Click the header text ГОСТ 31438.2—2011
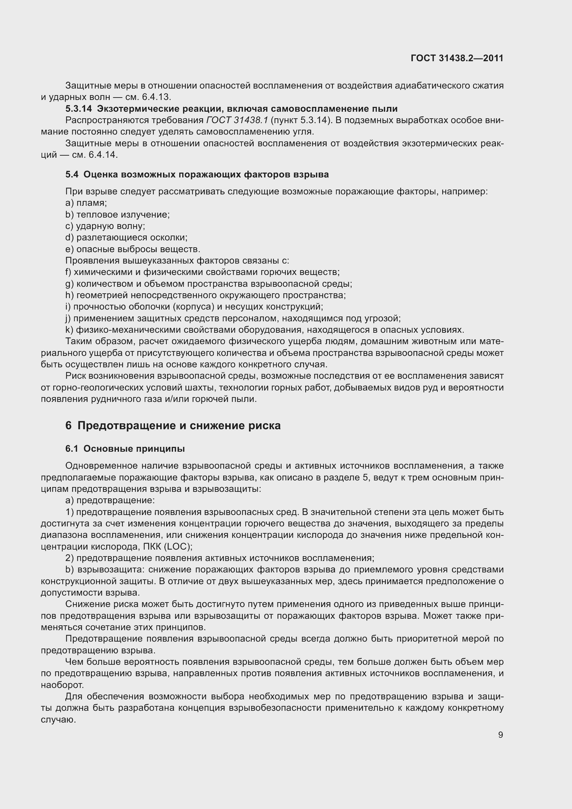(x=457, y=58)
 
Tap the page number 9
(x=500, y=735)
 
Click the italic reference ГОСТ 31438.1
(x=237, y=120)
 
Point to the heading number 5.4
(x=72, y=174)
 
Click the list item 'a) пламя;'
(x=86, y=203)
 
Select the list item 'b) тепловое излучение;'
(x=117, y=214)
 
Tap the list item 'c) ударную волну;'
(x=105, y=226)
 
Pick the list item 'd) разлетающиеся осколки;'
(x=126, y=238)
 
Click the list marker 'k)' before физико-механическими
(x=69, y=330)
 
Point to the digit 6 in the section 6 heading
(x=69, y=426)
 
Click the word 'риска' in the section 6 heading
(x=264, y=426)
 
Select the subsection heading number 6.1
(x=72, y=449)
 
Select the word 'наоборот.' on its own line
(x=62, y=685)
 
